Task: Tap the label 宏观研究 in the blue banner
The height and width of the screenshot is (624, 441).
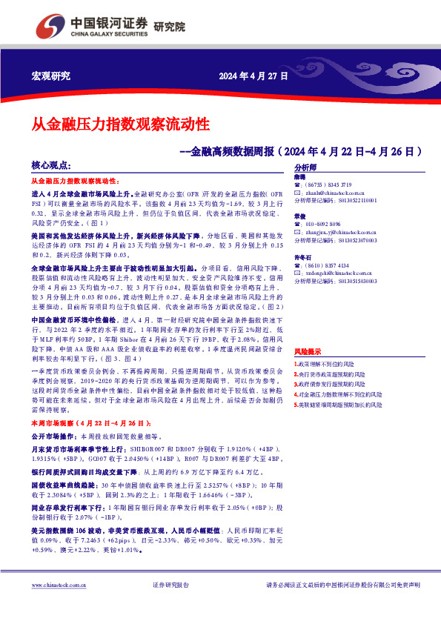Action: pyautogui.click(x=50, y=76)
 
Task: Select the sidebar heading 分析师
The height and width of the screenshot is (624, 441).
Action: pyautogui.click(x=305, y=168)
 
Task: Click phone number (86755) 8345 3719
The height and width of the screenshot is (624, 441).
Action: pyautogui.click(x=328, y=185)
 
